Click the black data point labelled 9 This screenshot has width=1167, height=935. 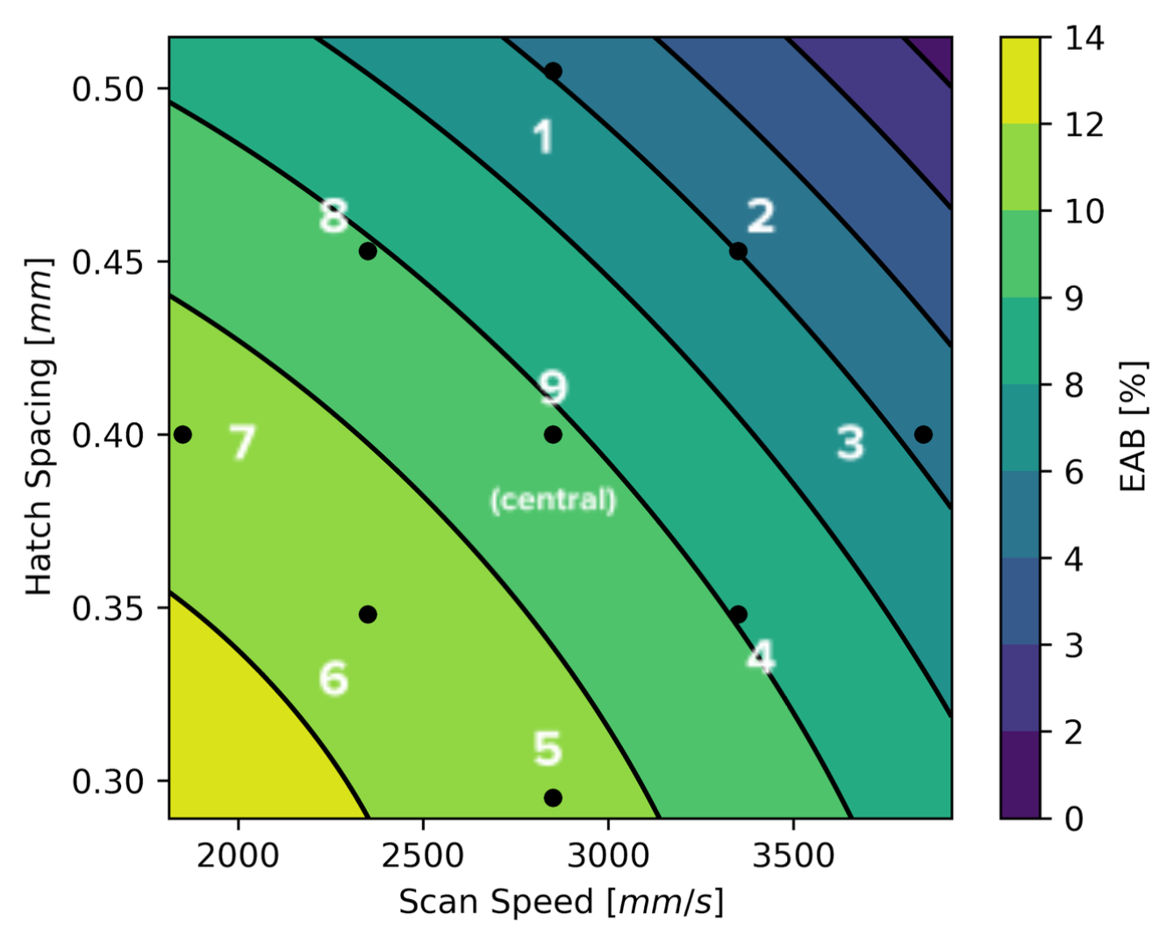pos(553,434)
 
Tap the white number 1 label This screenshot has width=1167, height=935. pos(544,138)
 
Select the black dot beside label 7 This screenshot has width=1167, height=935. pos(183,434)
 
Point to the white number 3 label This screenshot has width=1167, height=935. pos(849,442)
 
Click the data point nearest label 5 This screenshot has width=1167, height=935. pos(553,797)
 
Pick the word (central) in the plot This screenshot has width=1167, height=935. pos(553,500)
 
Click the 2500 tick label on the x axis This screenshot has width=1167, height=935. pos(422,854)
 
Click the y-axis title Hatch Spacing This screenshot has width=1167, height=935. pos(39,426)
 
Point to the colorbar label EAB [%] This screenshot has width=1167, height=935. pos(1134,426)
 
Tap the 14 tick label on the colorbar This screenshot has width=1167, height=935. pos(1085,39)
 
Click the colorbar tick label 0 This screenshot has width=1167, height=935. pos(1074,818)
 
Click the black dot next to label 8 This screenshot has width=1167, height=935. pos(368,252)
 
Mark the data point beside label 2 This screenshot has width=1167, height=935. pos(738,252)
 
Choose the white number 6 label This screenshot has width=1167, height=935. pos(333,678)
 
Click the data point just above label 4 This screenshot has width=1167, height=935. pos(738,614)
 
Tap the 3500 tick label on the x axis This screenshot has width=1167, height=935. pos(793,854)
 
